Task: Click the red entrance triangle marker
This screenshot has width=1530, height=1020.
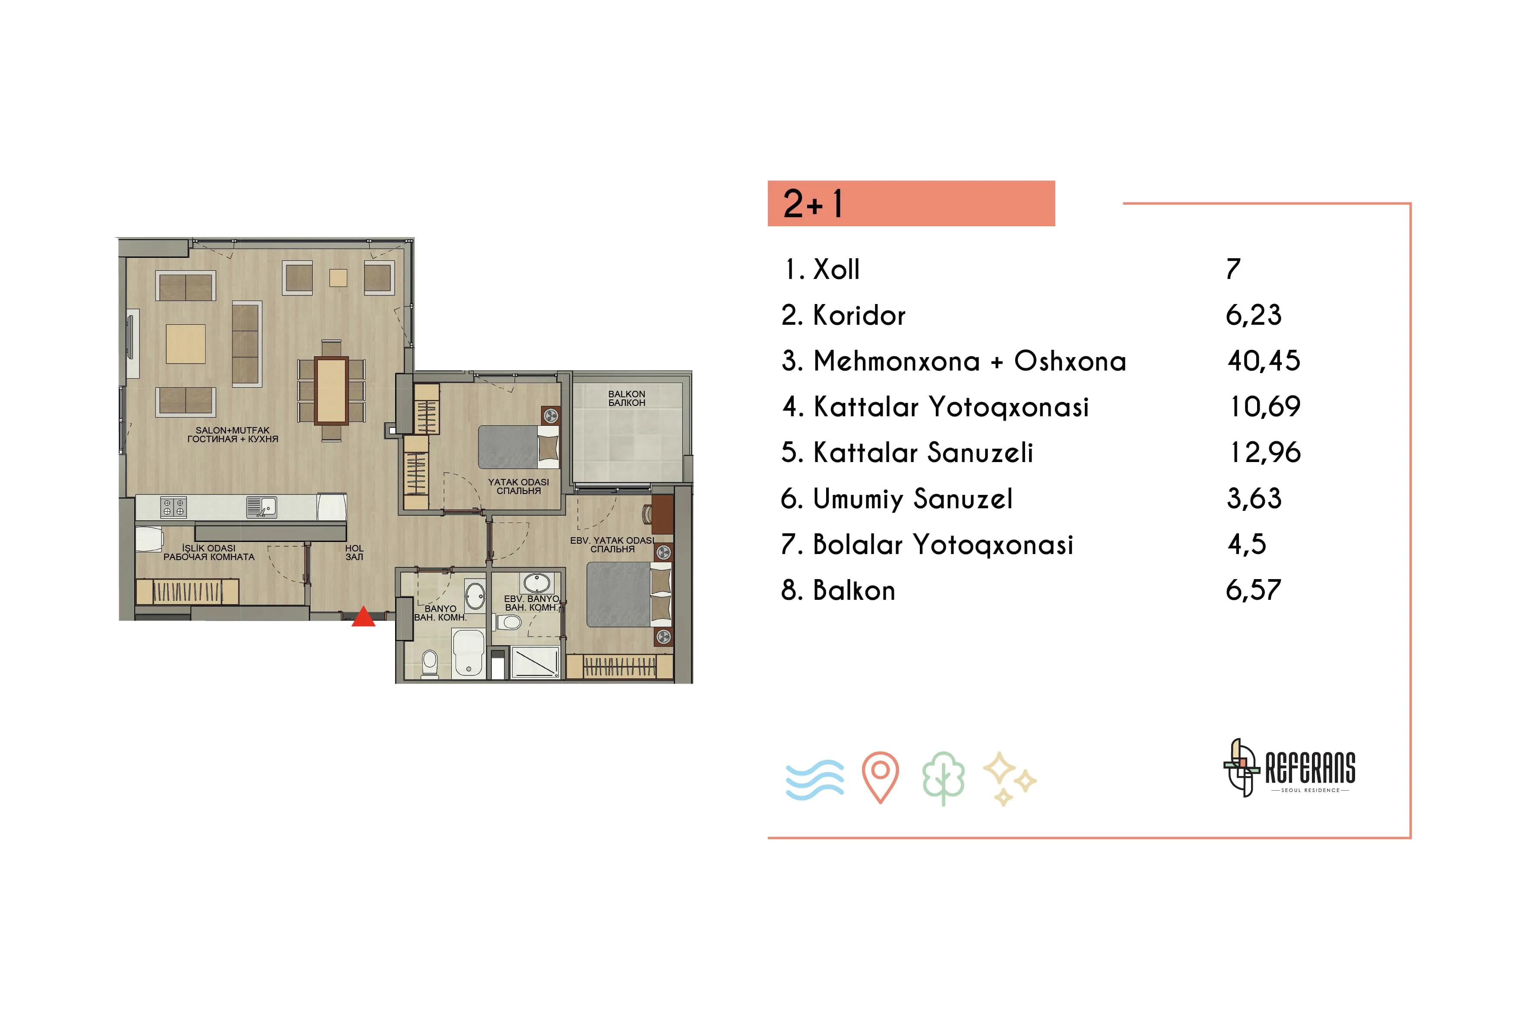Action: (363, 617)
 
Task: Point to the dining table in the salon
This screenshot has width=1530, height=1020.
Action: (331, 390)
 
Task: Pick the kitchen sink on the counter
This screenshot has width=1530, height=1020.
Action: (262, 507)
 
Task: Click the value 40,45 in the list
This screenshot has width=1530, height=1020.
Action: (1263, 361)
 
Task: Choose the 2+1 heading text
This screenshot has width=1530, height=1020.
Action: (813, 203)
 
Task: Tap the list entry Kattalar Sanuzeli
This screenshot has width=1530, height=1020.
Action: (907, 452)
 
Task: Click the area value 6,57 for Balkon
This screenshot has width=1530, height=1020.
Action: (1253, 590)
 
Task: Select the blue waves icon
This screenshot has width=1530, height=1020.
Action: (814, 779)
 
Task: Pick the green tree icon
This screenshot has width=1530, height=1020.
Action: (943, 779)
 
